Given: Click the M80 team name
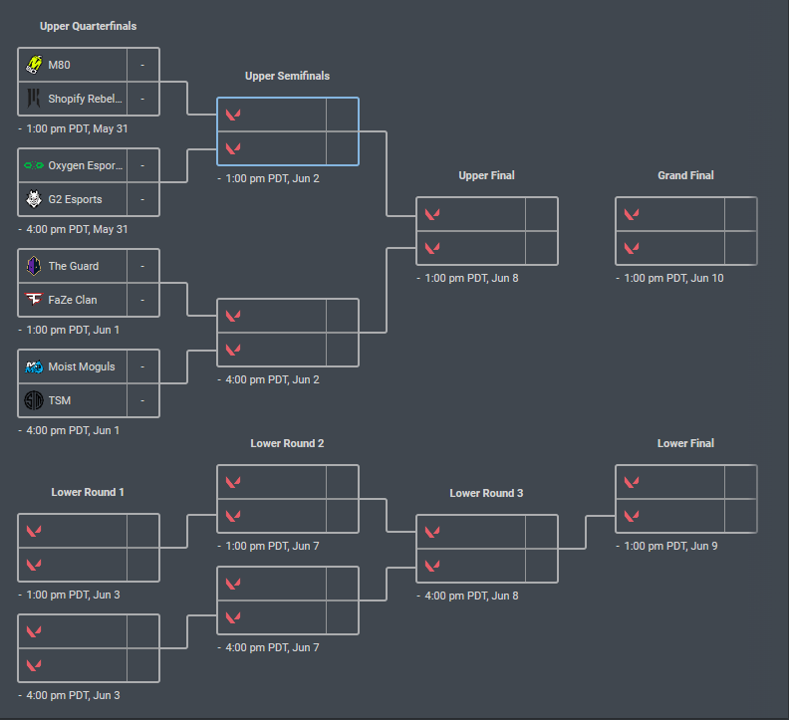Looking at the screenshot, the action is point(59,65).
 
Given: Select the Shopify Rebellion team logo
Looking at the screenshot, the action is point(34,99).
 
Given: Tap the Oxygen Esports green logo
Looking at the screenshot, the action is point(34,165).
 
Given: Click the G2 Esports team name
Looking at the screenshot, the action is point(75,199).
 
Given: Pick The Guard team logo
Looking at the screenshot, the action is point(34,266).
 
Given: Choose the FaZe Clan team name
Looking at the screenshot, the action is point(73,300).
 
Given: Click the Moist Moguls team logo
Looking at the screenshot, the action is point(34,366).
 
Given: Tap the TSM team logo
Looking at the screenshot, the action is point(34,400).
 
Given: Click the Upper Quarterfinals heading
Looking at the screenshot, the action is point(88,26).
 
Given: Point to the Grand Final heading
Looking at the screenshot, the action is point(685,175).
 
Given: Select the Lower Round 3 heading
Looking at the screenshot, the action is point(486,493).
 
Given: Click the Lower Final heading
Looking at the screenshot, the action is point(685,443).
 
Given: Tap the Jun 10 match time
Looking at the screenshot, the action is point(673,278).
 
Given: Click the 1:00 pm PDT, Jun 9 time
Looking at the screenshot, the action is point(670,546).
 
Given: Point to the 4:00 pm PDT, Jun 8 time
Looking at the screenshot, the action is point(471,596).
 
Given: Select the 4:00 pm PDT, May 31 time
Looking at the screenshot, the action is point(77,229).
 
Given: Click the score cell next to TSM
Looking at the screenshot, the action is point(142,400).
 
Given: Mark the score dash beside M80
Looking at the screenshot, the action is point(142,65).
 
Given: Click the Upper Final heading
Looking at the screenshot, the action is point(486,175).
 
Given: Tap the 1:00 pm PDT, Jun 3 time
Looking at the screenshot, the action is point(73,595).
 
